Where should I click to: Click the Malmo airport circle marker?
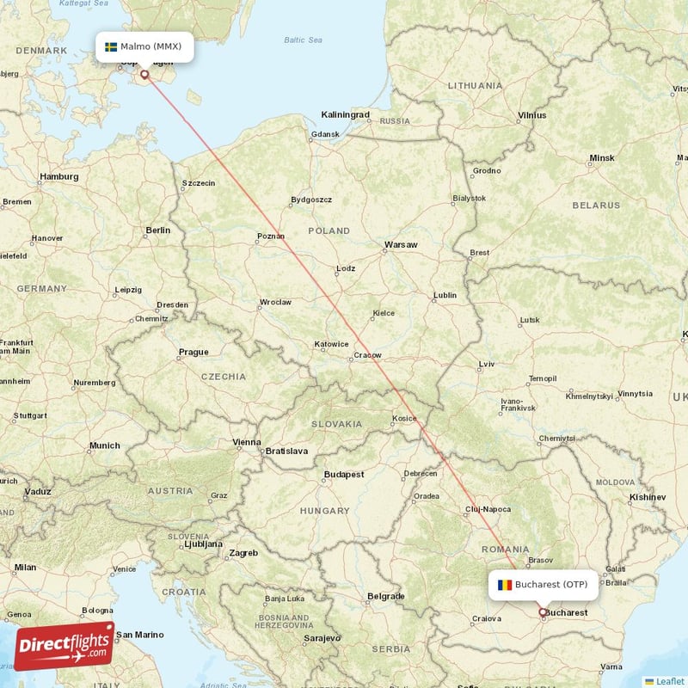[x=144, y=75]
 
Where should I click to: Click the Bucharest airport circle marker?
[x=542, y=613]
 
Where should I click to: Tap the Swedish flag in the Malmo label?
[x=111, y=46]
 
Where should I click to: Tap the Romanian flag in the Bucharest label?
[x=504, y=585]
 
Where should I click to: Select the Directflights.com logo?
[x=64, y=646]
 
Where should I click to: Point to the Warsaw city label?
[x=401, y=245]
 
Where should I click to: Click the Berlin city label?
[x=158, y=230]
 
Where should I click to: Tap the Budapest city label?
[x=344, y=474]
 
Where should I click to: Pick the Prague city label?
[x=193, y=352]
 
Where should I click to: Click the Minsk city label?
[x=602, y=158]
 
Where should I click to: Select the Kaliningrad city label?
[x=345, y=114]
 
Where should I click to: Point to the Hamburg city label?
[x=58, y=177]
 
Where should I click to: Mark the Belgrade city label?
[x=385, y=596]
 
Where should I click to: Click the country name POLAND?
[x=329, y=230]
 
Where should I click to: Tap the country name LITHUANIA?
[x=475, y=86]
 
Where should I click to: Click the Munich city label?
[x=104, y=445]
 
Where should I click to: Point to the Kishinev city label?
[x=648, y=497]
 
